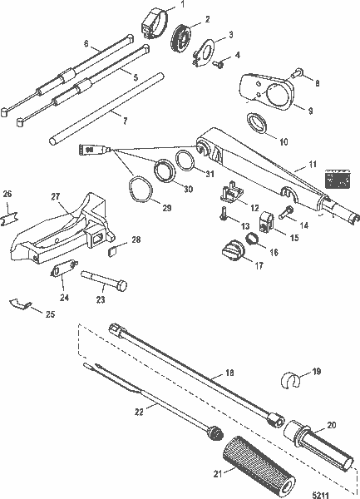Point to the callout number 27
56,196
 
